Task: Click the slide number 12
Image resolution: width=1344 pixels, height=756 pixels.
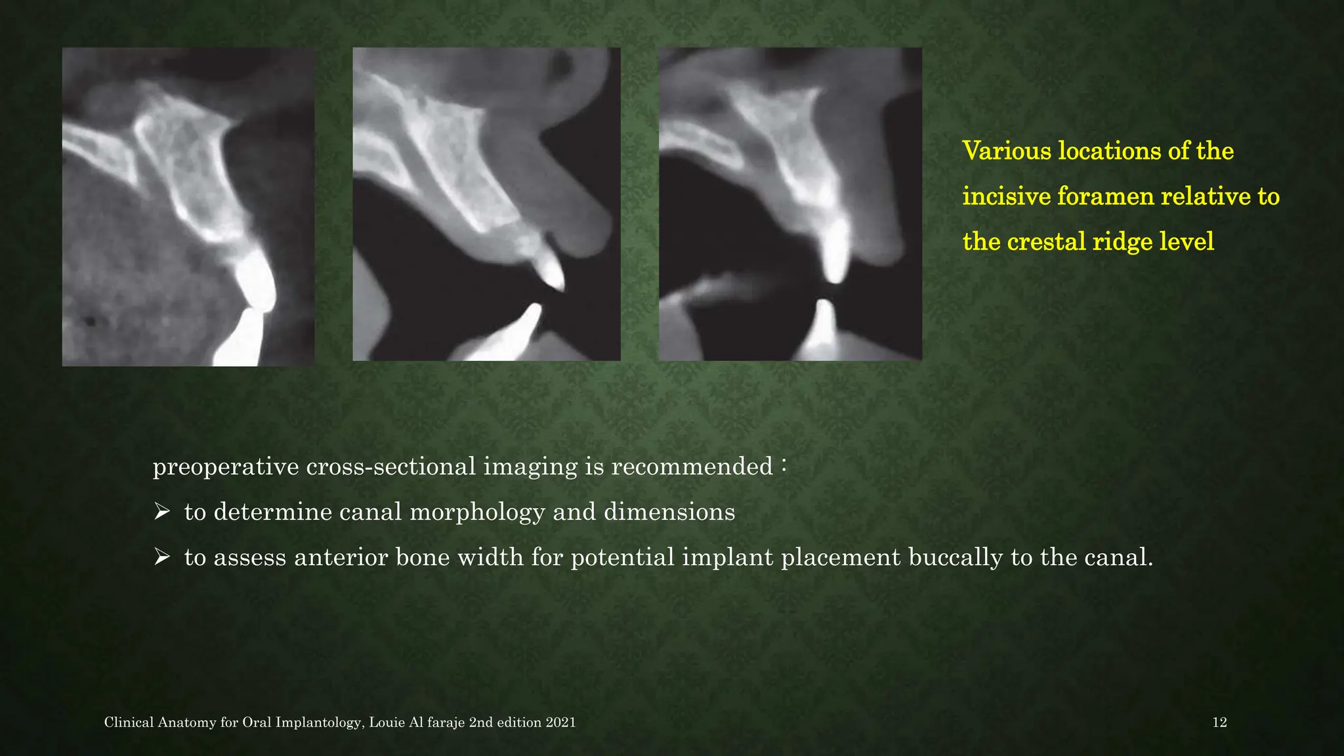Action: pos(1219,723)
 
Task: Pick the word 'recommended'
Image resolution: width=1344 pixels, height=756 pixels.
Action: pos(692,467)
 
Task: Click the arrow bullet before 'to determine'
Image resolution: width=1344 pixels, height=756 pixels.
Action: pos(161,511)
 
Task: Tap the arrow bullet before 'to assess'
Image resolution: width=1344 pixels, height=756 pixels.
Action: pos(161,557)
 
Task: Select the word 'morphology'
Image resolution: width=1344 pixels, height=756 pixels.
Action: pos(477,512)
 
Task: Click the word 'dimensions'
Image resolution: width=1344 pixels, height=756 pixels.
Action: pos(669,512)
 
